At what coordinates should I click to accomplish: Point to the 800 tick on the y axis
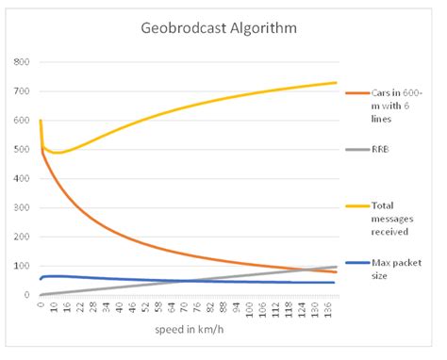[21, 62]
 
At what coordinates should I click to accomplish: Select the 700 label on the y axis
[21, 91]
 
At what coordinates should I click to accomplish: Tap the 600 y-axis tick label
[21, 121]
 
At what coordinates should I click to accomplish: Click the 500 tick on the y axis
[21, 150]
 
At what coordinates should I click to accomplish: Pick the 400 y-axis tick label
[21, 179]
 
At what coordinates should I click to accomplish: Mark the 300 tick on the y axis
[21, 208]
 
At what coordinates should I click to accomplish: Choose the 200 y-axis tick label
[21, 237]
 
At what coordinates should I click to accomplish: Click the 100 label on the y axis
[21, 267]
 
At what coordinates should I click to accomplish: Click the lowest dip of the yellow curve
[57, 152]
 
